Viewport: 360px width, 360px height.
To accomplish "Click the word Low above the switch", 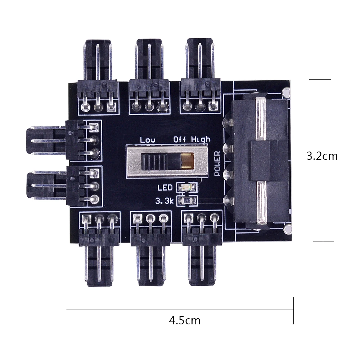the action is click(x=148, y=140).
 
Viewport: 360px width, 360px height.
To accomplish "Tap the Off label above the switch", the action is click(x=179, y=139).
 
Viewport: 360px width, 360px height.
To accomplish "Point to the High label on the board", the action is click(x=201, y=139).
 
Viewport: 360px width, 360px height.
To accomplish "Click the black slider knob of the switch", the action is click(x=154, y=162).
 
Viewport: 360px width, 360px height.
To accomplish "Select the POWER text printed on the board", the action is click(x=217, y=163).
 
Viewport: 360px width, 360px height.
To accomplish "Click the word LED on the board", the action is click(x=165, y=188).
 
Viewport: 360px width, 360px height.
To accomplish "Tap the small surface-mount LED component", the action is click(x=187, y=188).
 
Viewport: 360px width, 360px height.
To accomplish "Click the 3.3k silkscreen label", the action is click(x=165, y=201).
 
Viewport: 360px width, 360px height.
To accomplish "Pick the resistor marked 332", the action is click(x=187, y=201).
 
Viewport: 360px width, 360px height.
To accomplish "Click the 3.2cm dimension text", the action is click(x=322, y=156).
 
